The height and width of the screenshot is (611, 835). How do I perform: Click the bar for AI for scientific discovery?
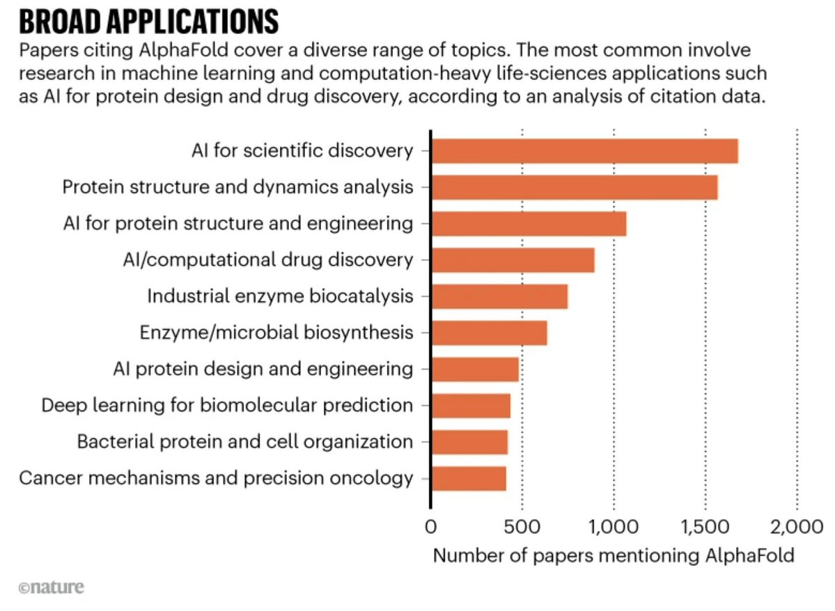pos(584,151)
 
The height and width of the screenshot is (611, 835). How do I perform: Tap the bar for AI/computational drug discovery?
pos(513,260)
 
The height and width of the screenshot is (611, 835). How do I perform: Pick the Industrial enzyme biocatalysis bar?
pos(499,296)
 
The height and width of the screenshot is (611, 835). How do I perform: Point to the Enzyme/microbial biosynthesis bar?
pos(489,333)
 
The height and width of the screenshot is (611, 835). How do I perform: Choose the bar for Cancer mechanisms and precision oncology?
pos(469,479)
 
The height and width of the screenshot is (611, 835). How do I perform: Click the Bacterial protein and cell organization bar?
pos(469,442)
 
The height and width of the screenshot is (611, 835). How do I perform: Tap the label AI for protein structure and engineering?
pos(237,223)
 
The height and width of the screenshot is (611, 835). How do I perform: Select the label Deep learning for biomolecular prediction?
pos(227,405)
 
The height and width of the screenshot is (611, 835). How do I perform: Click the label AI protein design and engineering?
pos(263,369)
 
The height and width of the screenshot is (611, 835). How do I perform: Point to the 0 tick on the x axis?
pos(430,526)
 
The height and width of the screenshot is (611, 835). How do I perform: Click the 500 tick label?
pos(522,526)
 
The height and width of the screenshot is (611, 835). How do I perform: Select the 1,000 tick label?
pos(613,526)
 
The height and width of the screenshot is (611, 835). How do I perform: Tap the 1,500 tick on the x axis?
pos(705,526)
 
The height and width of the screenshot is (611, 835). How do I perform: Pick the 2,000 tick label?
pos(797,526)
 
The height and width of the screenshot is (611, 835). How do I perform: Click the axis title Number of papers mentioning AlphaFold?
pos(614,556)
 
